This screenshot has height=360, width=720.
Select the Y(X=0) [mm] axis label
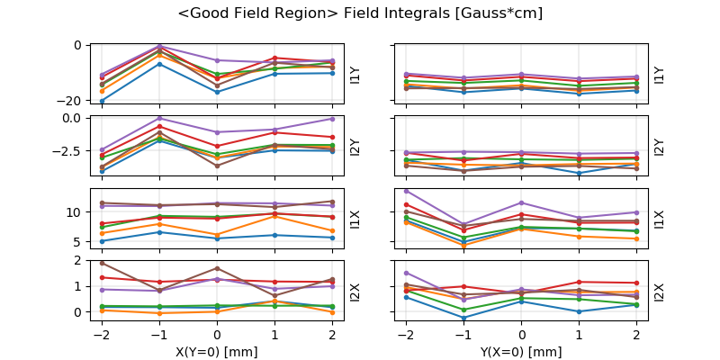click(521, 352)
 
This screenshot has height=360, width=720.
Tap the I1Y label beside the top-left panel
click(355, 75)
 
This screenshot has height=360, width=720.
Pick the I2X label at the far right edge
click(660, 292)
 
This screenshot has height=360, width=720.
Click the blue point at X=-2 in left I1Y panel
click(102, 101)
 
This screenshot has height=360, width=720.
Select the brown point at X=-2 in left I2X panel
click(102, 263)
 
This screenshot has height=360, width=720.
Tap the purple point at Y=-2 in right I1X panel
click(407, 191)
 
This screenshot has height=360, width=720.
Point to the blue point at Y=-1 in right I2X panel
click(464, 318)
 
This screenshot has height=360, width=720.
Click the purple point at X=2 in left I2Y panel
click(332, 119)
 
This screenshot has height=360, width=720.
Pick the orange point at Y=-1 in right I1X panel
click(464, 245)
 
